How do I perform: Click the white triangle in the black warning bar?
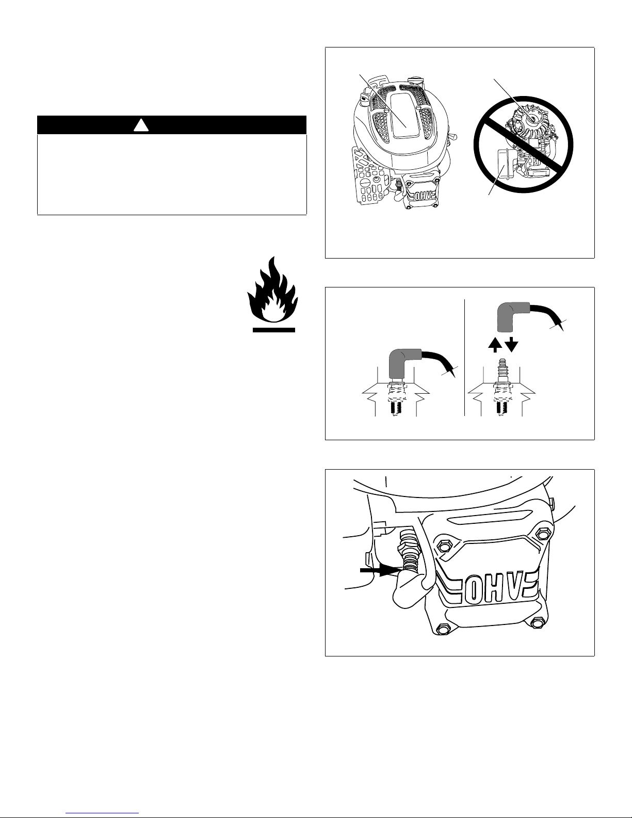(141, 126)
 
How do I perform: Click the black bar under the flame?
(274, 330)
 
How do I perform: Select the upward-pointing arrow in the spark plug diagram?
(495, 345)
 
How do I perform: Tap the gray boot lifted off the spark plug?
(513, 317)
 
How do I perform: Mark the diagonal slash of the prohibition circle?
(523, 145)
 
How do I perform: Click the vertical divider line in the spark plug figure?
(465, 357)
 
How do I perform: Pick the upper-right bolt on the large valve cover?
(542, 533)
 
